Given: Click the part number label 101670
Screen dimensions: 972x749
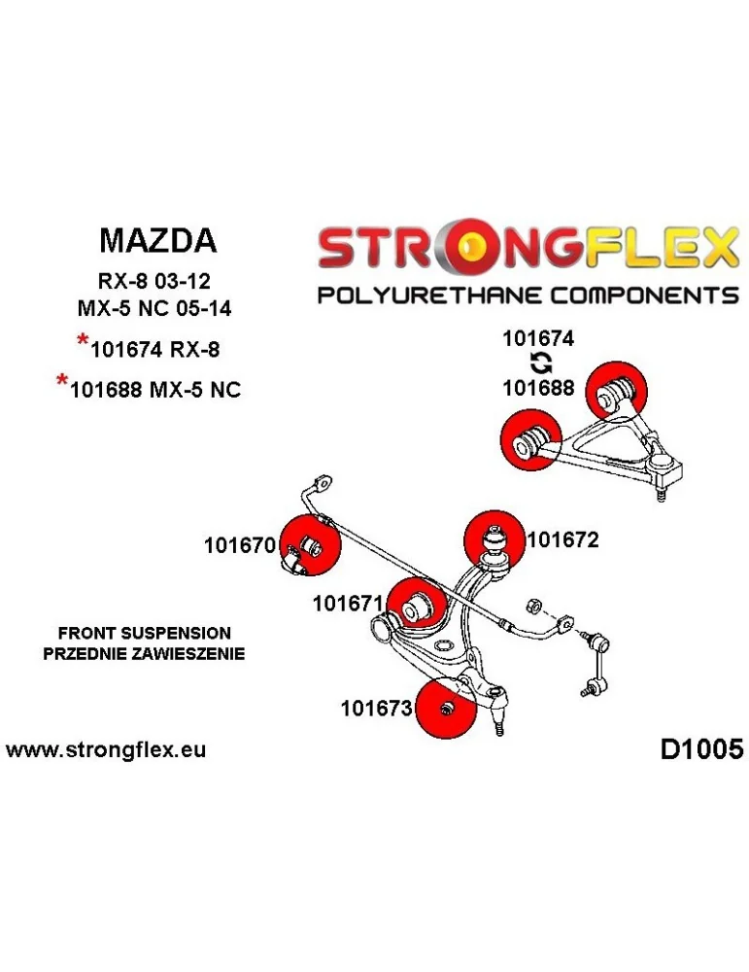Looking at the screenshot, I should tap(240, 546).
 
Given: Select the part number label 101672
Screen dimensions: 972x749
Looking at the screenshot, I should tap(562, 539).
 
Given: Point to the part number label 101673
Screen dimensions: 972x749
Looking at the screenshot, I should tap(377, 710).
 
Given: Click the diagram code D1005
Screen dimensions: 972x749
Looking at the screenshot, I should tap(700, 749).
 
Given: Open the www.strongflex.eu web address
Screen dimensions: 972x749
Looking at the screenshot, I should tap(106, 750).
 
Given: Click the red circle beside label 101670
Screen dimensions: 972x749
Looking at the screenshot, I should tap(309, 547).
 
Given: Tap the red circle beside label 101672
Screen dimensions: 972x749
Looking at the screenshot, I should tap(495, 538).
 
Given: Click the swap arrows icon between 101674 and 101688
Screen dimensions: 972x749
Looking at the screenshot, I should tap(539, 364).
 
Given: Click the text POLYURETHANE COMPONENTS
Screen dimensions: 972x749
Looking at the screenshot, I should tap(528, 295).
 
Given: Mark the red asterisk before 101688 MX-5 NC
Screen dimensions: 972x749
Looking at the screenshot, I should tap(62, 383).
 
